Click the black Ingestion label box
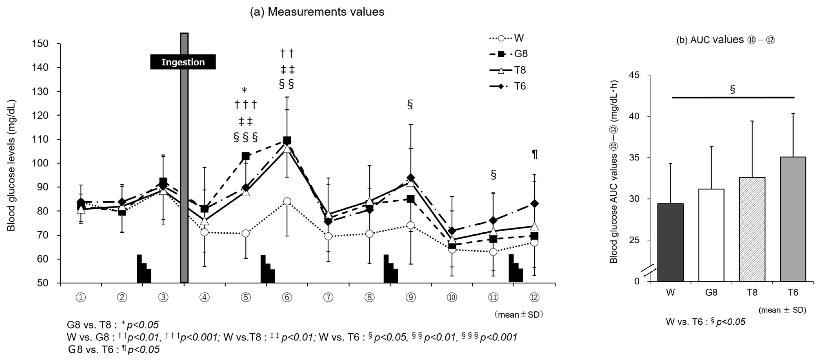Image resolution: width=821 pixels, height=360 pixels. coord(183,62)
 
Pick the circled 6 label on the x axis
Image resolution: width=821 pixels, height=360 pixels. coord(287,297)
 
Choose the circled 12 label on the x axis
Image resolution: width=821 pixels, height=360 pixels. coord(534,297)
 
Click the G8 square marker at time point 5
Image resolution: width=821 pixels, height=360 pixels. coord(245,156)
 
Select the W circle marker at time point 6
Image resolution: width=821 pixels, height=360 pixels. coord(287,201)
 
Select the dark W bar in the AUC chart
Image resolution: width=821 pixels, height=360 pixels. coord(670,242)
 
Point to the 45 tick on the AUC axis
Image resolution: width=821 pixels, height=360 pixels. coord(634,75)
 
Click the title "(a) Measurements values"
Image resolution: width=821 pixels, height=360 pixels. coord(317,12)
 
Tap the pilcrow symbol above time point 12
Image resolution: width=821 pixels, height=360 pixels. coord(535,154)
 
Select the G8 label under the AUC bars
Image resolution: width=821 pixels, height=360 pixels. coord(711,292)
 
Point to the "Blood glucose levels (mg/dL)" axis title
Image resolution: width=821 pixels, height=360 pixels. coord(12,166)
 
